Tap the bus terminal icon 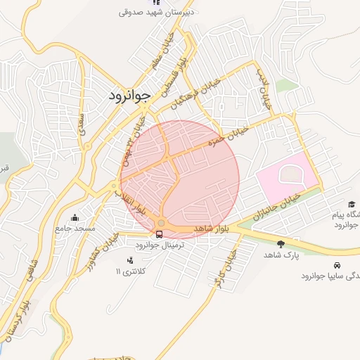click(x=159, y=234)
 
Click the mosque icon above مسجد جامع click(x=75, y=218)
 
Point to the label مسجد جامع click(x=75, y=229)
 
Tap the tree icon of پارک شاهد click(x=281, y=244)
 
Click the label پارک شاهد click(x=282, y=255)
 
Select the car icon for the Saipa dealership click(x=337, y=265)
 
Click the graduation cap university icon click(x=352, y=204)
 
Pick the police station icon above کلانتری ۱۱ click(x=129, y=260)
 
